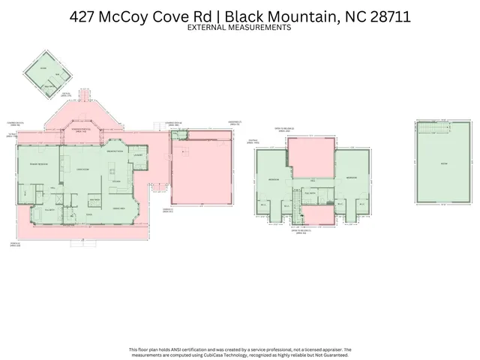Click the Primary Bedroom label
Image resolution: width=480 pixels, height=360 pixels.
[x=38, y=163]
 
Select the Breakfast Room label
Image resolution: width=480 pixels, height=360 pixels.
[x=115, y=152]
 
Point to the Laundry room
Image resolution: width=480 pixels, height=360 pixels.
[x=138, y=155]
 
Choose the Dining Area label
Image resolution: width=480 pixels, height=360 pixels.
[x=118, y=208]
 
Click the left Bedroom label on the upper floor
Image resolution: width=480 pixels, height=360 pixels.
[x=274, y=179]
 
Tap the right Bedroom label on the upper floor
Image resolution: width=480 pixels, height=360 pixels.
[x=352, y=177]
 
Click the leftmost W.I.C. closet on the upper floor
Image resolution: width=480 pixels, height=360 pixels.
[x=263, y=205]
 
